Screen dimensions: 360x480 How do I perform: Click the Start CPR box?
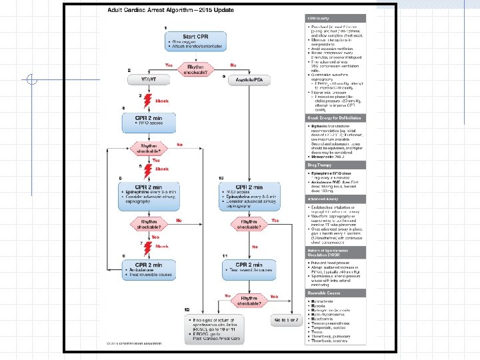[x=194, y=40]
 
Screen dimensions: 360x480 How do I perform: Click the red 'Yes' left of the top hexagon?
[x=170, y=65]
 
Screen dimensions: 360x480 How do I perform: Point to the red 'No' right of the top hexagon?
[x=233, y=65]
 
